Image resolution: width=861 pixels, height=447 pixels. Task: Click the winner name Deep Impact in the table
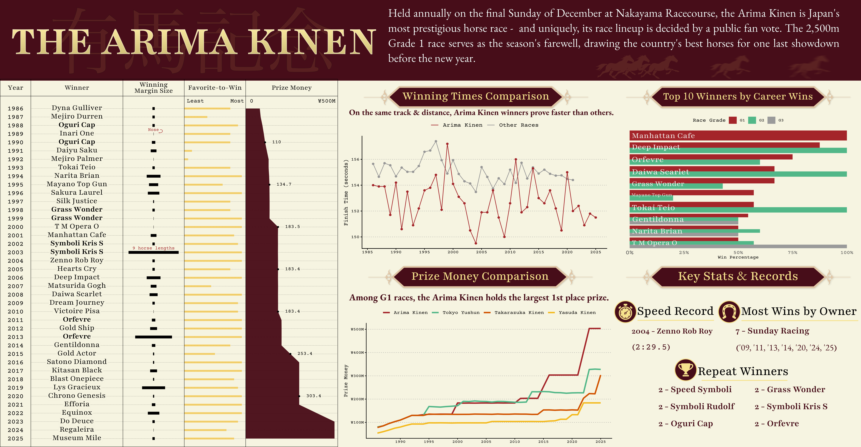77,277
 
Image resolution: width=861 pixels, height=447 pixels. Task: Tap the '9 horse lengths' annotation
153,248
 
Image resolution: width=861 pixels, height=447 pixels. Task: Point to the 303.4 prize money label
313,396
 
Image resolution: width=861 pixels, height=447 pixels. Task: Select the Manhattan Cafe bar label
663,135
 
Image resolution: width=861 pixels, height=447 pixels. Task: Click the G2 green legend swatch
752,120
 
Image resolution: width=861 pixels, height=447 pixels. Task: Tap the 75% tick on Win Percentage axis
792,253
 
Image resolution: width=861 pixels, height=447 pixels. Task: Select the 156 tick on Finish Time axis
355,159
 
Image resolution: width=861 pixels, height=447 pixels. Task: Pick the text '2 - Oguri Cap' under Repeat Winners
686,424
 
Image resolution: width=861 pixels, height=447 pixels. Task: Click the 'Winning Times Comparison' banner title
476,96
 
